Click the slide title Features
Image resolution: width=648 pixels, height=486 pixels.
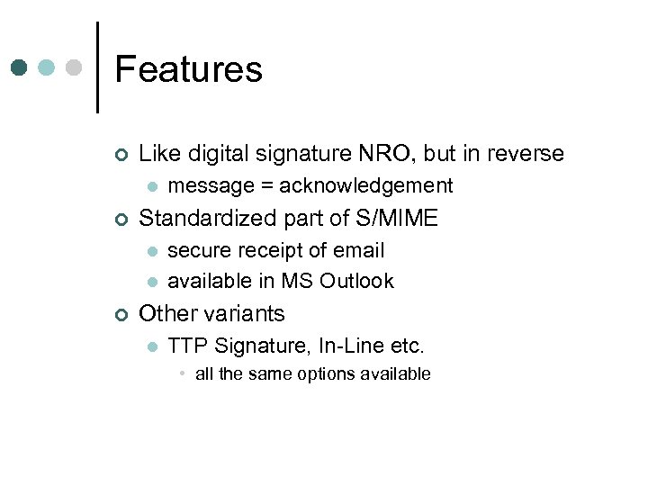[188, 69]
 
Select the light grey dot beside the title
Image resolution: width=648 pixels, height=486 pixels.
[75, 67]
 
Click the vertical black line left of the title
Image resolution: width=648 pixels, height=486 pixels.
[96, 67]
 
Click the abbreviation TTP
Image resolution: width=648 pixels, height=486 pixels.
[186, 345]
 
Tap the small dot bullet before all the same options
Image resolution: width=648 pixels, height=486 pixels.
[182, 373]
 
